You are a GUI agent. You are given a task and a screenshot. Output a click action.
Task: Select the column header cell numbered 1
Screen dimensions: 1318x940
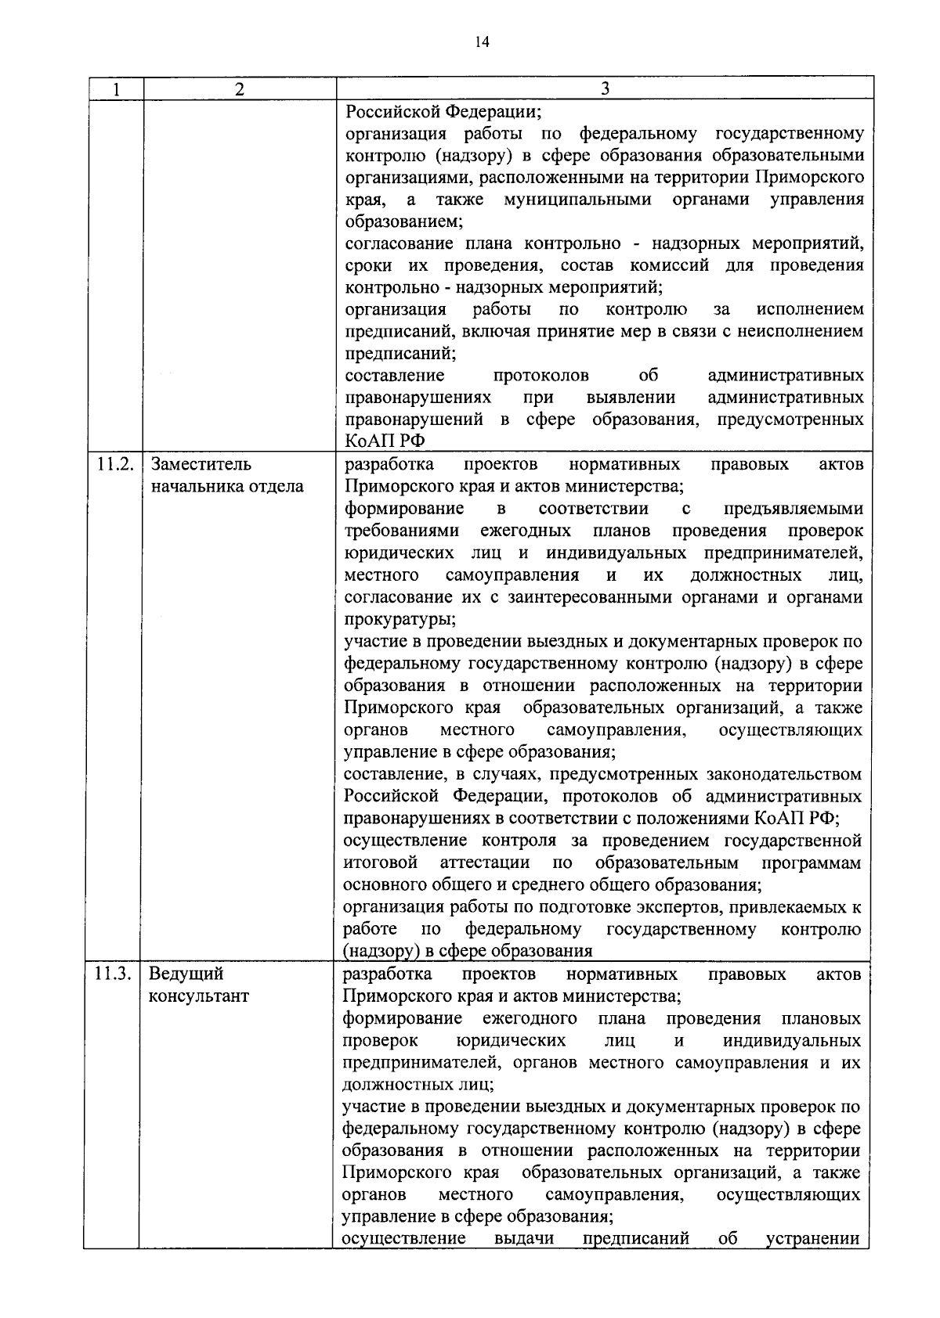(x=115, y=89)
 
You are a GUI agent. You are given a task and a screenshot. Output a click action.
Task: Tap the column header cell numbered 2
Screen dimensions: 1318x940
(x=239, y=89)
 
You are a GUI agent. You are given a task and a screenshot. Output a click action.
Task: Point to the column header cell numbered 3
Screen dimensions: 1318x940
(x=604, y=88)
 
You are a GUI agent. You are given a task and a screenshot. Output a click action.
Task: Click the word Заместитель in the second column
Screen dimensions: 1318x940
(x=201, y=465)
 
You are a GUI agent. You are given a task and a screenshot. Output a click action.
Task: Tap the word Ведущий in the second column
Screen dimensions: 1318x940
(x=186, y=974)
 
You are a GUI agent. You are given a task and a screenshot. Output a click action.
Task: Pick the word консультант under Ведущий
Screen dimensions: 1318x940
(x=199, y=997)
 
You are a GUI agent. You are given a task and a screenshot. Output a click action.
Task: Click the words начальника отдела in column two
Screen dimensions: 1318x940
(x=227, y=487)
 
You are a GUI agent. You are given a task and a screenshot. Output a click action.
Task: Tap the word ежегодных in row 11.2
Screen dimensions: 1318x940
(x=526, y=531)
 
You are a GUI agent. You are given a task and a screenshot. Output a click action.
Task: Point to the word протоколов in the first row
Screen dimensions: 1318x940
(x=542, y=376)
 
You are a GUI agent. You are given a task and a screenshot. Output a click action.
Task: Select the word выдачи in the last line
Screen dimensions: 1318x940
(x=524, y=1239)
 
